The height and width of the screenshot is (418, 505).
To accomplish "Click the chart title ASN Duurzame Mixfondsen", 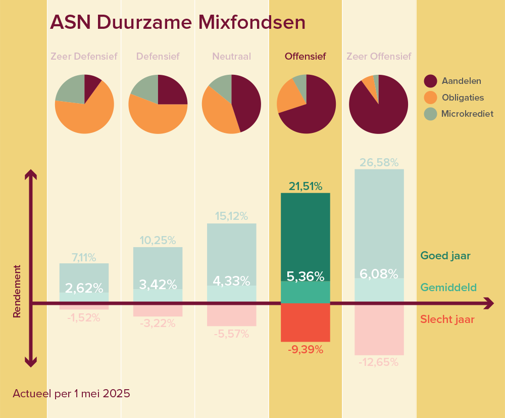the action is (x=178, y=22).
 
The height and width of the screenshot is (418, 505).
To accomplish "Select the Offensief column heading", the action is (x=306, y=57).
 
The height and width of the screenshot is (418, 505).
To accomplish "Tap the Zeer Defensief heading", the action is (x=84, y=57).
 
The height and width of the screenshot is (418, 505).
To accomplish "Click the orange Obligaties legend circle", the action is (x=430, y=98).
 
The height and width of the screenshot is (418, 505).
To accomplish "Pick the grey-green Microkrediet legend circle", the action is (x=430, y=114).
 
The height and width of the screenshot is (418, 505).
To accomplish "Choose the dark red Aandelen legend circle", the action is (x=430, y=81).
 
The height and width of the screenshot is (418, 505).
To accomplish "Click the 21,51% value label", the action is (x=306, y=187).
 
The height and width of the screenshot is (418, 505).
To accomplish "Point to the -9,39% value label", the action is (x=306, y=349).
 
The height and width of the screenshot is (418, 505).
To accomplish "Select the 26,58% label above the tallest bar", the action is (x=379, y=162).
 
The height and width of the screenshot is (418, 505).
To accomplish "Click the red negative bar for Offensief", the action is (x=306, y=322).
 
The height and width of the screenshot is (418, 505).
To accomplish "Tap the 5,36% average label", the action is (x=306, y=276).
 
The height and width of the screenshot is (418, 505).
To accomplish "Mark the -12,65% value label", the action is (x=379, y=362).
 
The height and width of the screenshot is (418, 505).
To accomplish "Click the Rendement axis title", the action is (x=17, y=291).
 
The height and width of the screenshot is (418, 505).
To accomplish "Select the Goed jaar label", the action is (x=445, y=256).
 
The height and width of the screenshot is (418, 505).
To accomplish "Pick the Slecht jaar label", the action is (x=447, y=319).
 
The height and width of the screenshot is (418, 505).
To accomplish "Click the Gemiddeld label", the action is (x=448, y=287).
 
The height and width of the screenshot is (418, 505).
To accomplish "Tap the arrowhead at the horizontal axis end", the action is (x=489, y=303).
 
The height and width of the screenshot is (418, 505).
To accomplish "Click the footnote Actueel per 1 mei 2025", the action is (x=72, y=394).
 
